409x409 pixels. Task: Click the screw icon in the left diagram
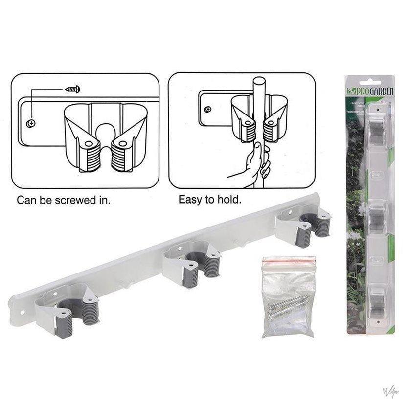(x=73, y=90)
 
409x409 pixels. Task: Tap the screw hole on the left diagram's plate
(x=31, y=123)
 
